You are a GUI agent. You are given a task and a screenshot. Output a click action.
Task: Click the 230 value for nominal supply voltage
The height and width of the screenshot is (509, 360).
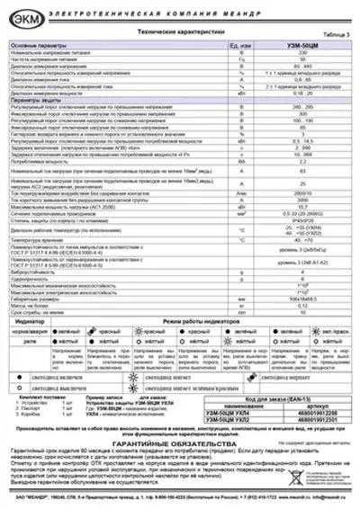tap(301, 50)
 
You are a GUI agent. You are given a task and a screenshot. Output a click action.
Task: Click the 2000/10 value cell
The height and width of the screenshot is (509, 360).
tap(301, 191)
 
